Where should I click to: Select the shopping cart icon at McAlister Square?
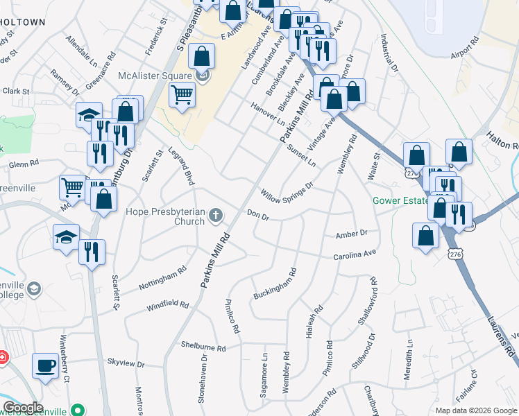182,94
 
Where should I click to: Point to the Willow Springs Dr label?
287,189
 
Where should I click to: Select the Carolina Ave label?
355,256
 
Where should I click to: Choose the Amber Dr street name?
351,234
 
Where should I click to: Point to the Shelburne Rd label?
203,347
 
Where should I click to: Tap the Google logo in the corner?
23,408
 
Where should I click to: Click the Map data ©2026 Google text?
475,410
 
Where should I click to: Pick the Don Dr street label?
258,216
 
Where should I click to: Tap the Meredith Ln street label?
410,352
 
